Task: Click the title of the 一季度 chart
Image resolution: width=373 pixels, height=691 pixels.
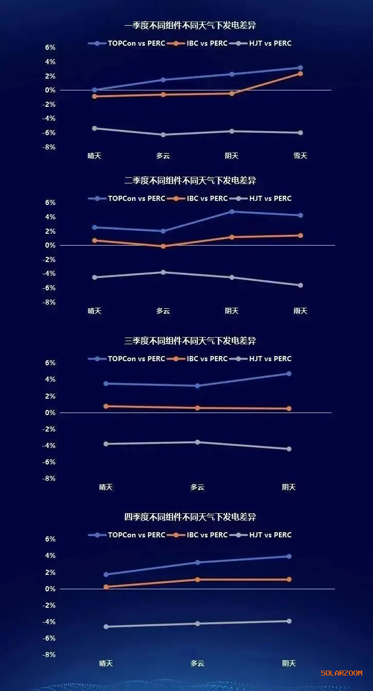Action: pyautogui.click(x=190, y=26)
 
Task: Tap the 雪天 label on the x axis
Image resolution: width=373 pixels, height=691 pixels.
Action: pyautogui.click(x=300, y=156)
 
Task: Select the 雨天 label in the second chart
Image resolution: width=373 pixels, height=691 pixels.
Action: pyautogui.click(x=300, y=311)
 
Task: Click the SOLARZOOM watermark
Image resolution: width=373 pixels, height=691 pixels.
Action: pyautogui.click(x=342, y=673)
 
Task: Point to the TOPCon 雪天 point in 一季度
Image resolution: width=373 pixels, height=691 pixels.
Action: pyautogui.click(x=300, y=68)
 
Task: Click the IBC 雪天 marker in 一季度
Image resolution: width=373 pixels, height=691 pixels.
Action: pyautogui.click(x=300, y=74)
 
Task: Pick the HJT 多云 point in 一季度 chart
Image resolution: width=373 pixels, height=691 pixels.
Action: pyautogui.click(x=163, y=135)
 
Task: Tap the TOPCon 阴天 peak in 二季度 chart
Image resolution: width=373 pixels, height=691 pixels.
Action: pyautogui.click(x=232, y=212)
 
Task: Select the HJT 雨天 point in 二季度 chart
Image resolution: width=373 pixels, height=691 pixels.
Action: pyautogui.click(x=300, y=285)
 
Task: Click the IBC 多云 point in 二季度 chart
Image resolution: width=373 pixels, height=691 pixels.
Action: pyautogui.click(x=163, y=247)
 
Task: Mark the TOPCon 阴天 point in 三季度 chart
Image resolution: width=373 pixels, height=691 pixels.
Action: pyautogui.click(x=289, y=373)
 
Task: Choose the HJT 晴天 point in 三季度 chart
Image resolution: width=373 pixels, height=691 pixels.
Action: pyautogui.click(x=106, y=444)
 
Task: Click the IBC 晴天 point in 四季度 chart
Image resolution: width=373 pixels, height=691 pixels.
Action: pyautogui.click(x=106, y=587)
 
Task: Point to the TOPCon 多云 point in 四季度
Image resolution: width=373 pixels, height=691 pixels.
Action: pyautogui.click(x=197, y=562)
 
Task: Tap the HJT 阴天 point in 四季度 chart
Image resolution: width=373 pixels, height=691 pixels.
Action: pyautogui.click(x=289, y=621)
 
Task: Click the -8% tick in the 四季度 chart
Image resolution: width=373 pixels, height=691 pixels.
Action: pyautogui.click(x=49, y=655)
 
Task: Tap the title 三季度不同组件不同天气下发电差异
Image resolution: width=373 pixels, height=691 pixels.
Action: pyautogui.click(x=190, y=341)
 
